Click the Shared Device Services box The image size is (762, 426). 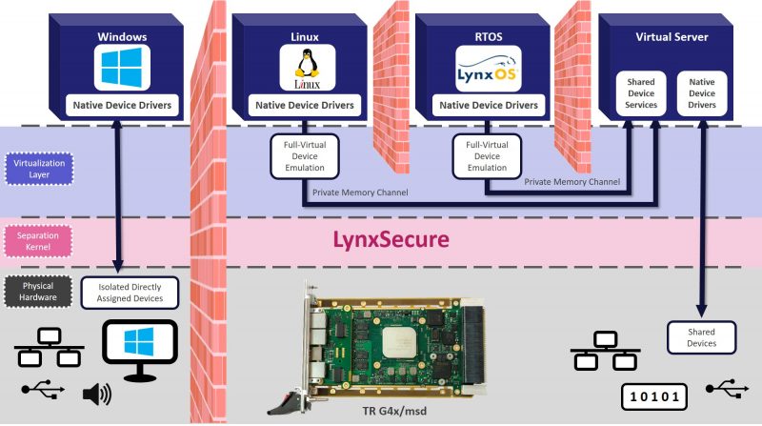tap(641, 93)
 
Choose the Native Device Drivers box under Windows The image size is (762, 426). tap(122, 104)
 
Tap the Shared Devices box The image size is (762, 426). tap(702, 336)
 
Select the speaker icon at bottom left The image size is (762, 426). tap(95, 394)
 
